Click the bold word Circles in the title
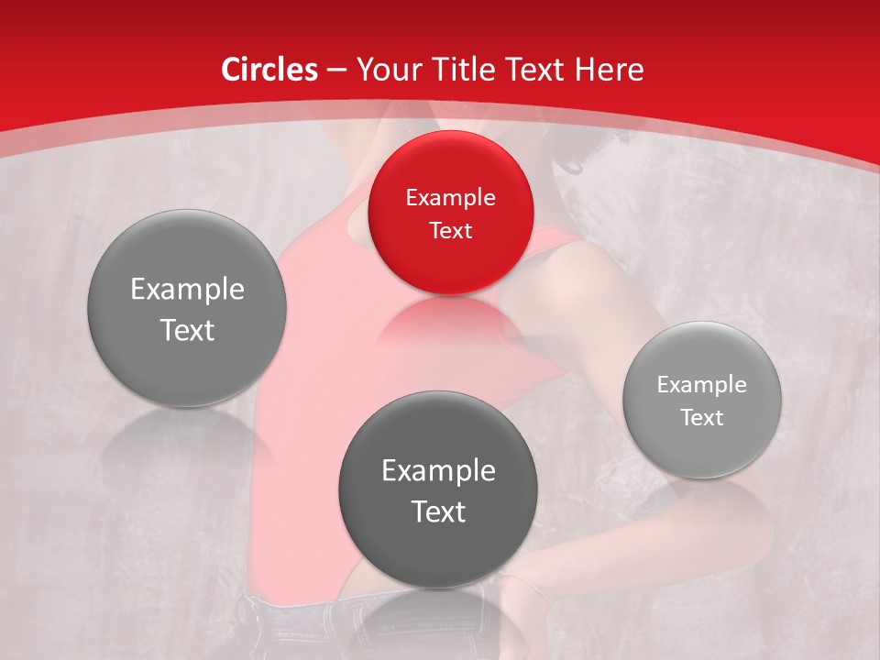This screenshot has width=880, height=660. coord(269,70)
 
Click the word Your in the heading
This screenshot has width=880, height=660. coord(386,70)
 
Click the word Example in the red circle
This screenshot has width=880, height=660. coord(450,198)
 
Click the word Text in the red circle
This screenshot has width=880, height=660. coord(450,230)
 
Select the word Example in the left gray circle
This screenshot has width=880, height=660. coord(187,290)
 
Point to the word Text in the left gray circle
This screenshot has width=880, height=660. coord(187,330)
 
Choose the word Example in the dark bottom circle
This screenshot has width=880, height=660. coord(438,471)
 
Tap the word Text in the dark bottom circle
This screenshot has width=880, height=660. coord(438,511)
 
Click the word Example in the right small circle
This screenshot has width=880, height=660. coord(702,385)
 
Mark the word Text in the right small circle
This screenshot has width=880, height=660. coord(702,418)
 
